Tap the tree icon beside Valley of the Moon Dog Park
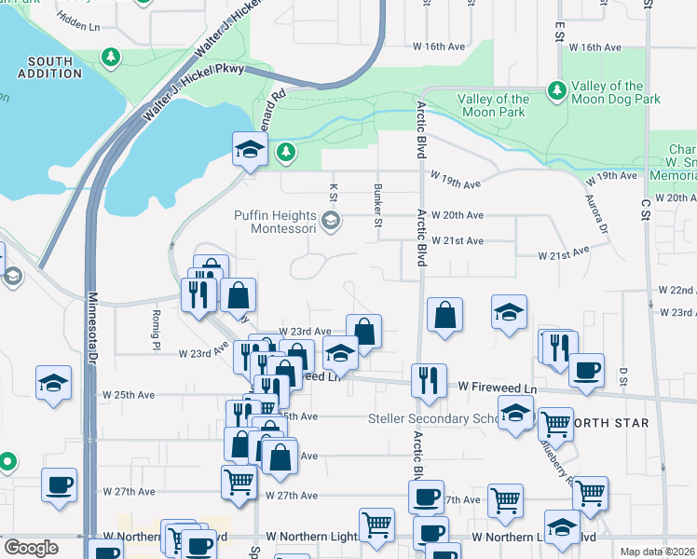(557, 89)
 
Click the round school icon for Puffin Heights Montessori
(330, 222)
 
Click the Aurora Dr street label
(596, 213)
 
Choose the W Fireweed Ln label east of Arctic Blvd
(499, 386)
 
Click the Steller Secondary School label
(434, 418)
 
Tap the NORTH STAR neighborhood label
(609, 423)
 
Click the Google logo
(31, 548)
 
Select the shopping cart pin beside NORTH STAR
(555, 424)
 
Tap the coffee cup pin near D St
(586, 369)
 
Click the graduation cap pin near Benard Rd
(250, 149)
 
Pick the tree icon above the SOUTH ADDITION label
(111, 58)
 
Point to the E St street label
(560, 30)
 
